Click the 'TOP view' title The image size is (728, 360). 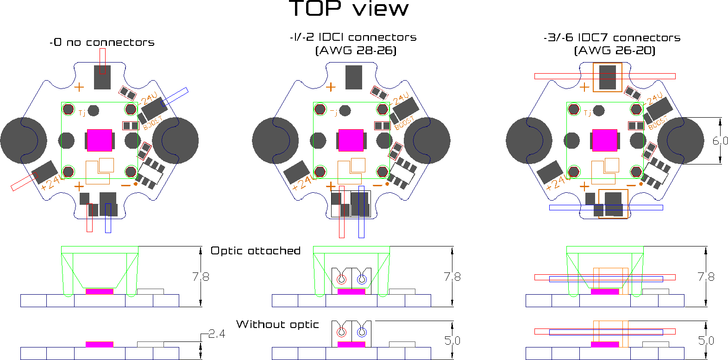349,9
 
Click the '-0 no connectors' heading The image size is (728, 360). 102,43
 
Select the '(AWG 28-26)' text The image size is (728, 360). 356,51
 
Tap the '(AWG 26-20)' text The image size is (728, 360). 615,51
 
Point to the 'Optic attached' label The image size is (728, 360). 256,251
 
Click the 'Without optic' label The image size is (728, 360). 277,324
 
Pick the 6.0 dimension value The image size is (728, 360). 720,141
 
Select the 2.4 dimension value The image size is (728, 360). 217,334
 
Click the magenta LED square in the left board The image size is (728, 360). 100,140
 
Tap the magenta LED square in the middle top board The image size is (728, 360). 351,140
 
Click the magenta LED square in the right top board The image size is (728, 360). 605,140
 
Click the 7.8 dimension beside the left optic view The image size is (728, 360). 201,277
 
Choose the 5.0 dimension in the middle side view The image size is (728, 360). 452,341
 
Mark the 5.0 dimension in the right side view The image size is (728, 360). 706,341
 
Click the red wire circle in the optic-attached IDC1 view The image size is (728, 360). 341,279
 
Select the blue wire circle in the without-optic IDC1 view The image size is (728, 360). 362,332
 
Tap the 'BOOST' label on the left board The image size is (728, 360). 153,123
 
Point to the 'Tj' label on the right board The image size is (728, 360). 587,113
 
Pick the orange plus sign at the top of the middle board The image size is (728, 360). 331,87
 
